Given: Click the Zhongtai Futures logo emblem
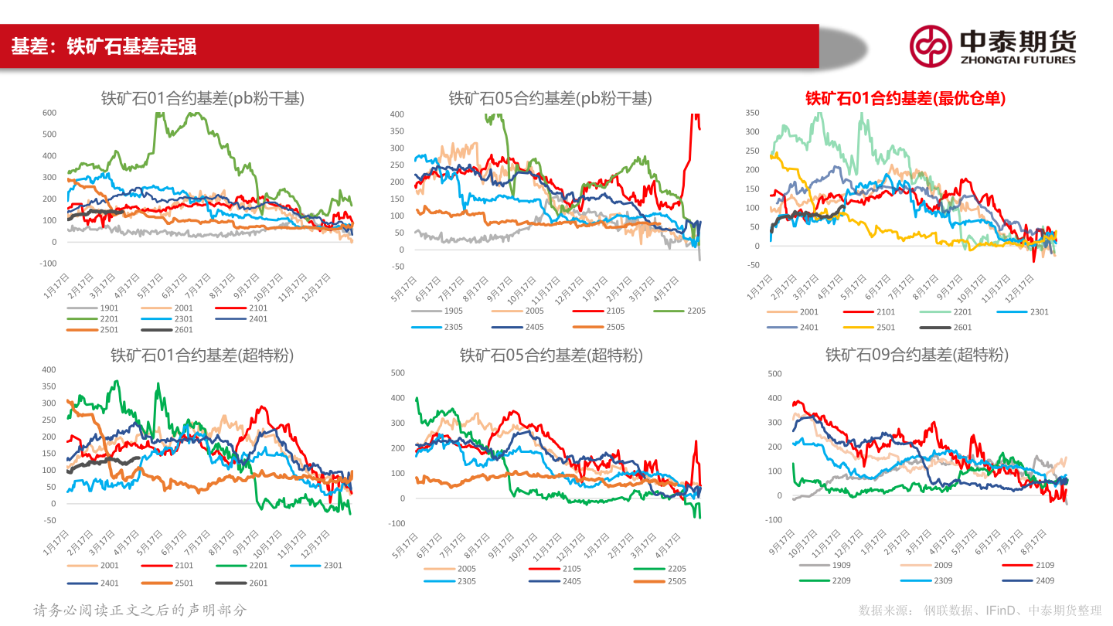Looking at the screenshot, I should pos(930,46).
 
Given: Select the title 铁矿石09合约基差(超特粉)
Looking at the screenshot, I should pos(917,355).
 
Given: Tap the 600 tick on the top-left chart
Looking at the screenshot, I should pos(49,113).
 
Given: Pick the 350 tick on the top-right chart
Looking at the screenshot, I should pos(753,113).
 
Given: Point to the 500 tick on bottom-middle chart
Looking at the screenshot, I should pos(397,373).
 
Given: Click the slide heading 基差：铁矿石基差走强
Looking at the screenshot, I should pos(104,46).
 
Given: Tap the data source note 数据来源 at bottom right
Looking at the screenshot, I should pos(980,611).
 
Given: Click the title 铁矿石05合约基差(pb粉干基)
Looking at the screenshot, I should pos(550,98).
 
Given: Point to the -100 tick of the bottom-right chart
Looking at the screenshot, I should pos(773,520).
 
